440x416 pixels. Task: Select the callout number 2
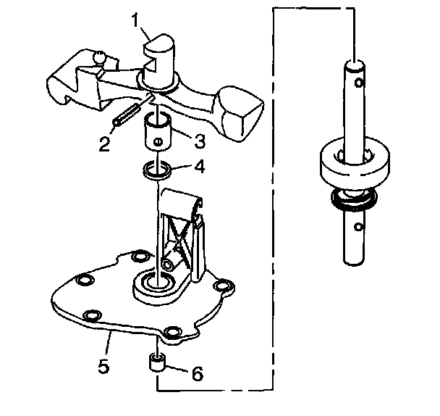(x=106, y=143)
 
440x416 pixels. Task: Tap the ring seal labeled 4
(x=156, y=172)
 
